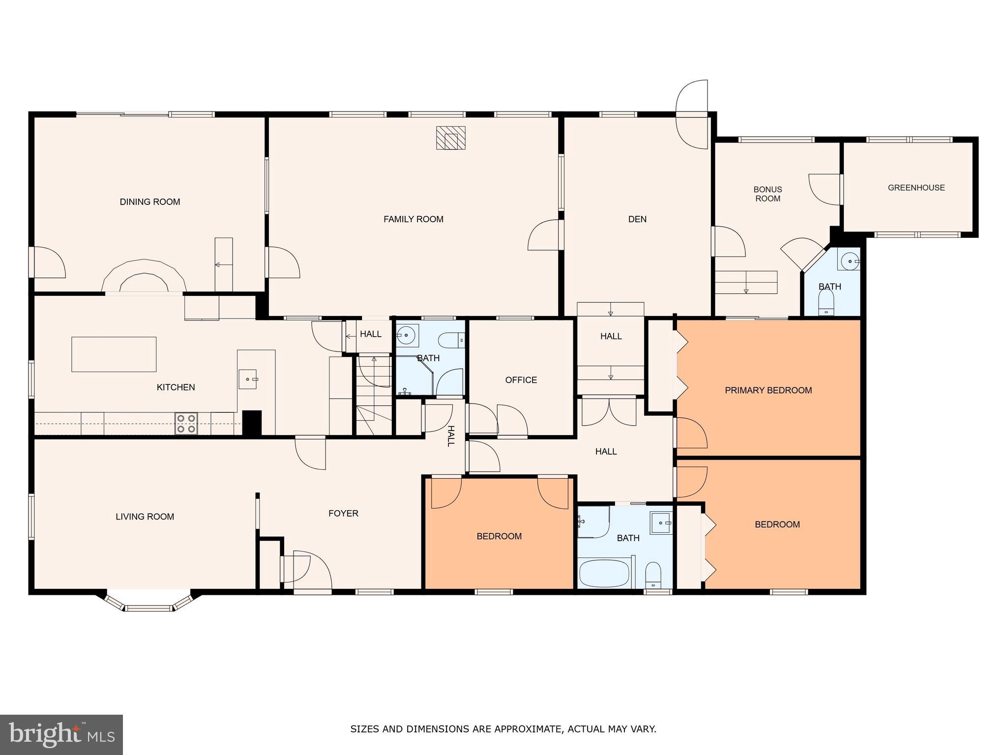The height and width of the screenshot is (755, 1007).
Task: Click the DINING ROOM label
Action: [x=150, y=202]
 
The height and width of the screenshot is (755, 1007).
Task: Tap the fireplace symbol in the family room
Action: [x=450, y=138]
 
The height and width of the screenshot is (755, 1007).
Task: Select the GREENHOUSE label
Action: [x=916, y=187]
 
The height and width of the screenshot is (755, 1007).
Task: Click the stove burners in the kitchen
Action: [x=186, y=424]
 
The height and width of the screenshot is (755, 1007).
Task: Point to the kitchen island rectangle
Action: [x=114, y=354]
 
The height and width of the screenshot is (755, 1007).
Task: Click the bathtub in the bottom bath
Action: [x=604, y=573]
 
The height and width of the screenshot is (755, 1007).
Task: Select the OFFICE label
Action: [x=521, y=380]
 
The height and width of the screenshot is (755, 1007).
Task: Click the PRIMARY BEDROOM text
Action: [x=768, y=390]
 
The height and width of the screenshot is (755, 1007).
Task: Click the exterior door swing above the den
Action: [x=692, y=114]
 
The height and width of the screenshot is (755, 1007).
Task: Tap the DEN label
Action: [x=637, y=219]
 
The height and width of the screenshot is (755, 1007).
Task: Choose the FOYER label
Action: [x=343, y=513]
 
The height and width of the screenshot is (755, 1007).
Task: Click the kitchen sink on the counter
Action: [x=248, y=379]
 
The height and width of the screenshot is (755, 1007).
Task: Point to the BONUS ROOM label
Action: [x=768, y=194]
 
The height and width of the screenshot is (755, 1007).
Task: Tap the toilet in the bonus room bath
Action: [x=826, y=301]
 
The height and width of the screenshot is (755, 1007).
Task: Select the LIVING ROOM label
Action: [x=145, y=517]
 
